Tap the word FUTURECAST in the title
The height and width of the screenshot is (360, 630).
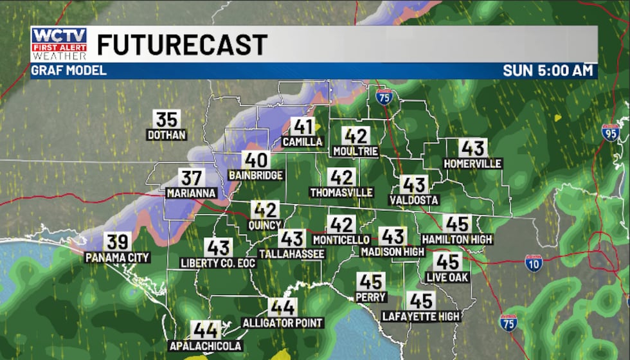[x=182, y=45]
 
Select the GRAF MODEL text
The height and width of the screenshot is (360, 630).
[x=69, y=71]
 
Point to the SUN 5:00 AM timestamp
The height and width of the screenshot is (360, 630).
[x=547, y=71]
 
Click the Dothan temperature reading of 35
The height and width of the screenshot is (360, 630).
[x=166, y=120]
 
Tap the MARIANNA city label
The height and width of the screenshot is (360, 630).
[x=190, y=193]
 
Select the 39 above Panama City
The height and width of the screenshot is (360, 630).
[x=118, y=242]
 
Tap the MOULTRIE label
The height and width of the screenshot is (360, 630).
[x=355, y=152]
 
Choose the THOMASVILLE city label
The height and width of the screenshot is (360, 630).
[x=341, y=192]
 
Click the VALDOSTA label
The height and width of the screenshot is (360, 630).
[x=414, y=200]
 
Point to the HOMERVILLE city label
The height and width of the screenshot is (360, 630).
[x=473, y=164]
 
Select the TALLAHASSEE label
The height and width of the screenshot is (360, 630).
[x=291, y=254]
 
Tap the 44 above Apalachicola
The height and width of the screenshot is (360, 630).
[x=206, y=330]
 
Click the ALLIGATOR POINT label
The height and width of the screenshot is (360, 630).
[x=283, y=323]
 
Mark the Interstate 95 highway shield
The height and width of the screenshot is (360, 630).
[x=610, y=132]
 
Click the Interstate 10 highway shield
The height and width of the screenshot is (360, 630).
[x=533, y=262]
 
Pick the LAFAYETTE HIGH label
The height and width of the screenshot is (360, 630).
[x=421, y=316]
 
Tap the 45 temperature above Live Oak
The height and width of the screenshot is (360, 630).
[x=447, y=262]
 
